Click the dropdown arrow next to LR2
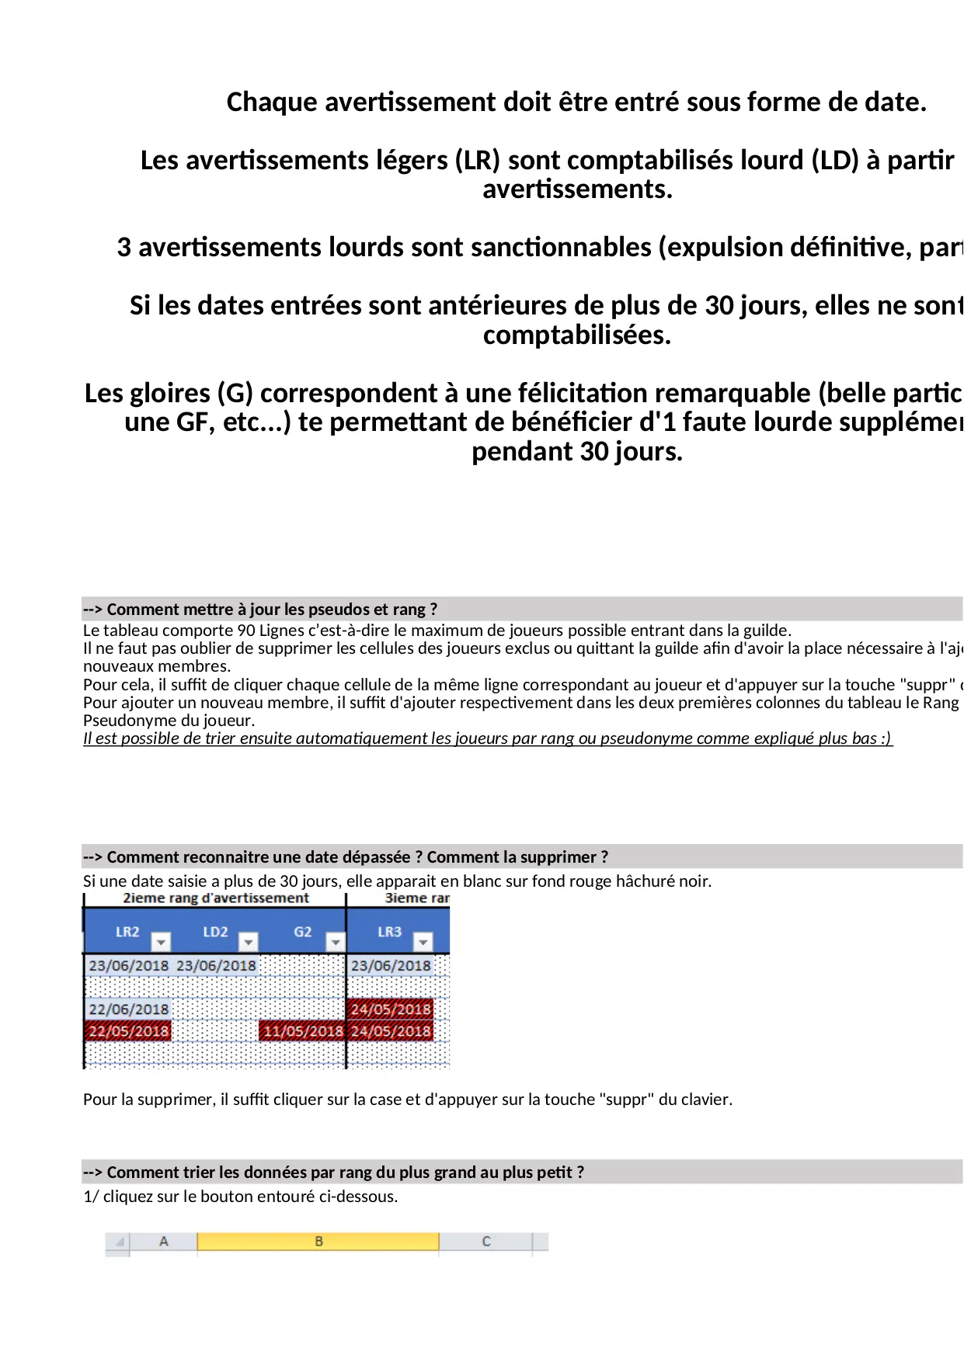pos(161,942)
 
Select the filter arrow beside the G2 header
pos(335,942)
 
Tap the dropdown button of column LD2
pos(248,942)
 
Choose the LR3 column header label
pos(389,932)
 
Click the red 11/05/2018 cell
pos(302,1031)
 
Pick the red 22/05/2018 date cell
pos(128,1031)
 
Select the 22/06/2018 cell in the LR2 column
pos(128,1009)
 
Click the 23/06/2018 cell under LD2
pos(216,966)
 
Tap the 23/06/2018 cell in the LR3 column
pos(391,966)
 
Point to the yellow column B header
pos(318,1242)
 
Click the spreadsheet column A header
pos(163,1242)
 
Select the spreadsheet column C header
pos(485,1242)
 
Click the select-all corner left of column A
pos(118,1242)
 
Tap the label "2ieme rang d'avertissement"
pos(215,898)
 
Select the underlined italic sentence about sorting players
pos(488,738)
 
